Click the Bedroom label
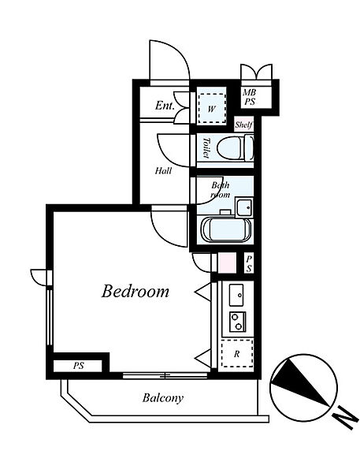click(135, 291)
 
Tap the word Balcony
click(163, 398)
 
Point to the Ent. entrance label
click(165, 106)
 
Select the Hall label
click(163, 171)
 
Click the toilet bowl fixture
click(236, 148)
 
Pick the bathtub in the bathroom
click(226, 229)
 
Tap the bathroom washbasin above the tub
click(244, 207)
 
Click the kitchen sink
click(236, 295)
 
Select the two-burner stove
click(238, 322)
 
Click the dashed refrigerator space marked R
click(237, 353)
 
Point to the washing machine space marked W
click(211, 108)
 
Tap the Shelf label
click(243, 125)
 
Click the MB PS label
click(250, 97)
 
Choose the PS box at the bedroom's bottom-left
click(78, 366)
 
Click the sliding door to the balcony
click(165, 375)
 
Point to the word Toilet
click(206, 148)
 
